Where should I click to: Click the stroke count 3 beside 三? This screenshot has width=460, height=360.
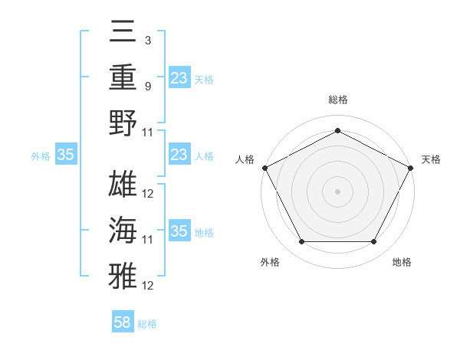[x=147, y=39]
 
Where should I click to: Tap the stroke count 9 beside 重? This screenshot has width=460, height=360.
[x=147, y=86]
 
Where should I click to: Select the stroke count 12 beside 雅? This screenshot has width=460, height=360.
[x=148, y=285]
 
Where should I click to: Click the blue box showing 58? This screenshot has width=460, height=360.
[x=123, y=322]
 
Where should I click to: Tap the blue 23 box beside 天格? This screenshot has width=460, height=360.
[x=179, y=78]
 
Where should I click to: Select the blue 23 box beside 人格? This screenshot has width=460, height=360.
[x=179, y=155]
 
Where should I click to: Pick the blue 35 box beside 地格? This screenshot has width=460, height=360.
[x=179, y=232]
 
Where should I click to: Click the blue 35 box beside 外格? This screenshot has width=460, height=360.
[x=66, y=155]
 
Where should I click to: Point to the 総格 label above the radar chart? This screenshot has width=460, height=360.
[x=337, y=100]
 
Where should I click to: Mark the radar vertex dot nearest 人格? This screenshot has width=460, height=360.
[x=264, y=167]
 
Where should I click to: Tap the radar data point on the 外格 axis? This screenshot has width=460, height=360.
[x=301, y=241]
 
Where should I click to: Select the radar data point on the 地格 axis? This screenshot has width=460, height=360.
[x=374, y=241]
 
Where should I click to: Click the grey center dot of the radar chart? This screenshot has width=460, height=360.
[x=337, y=191]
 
